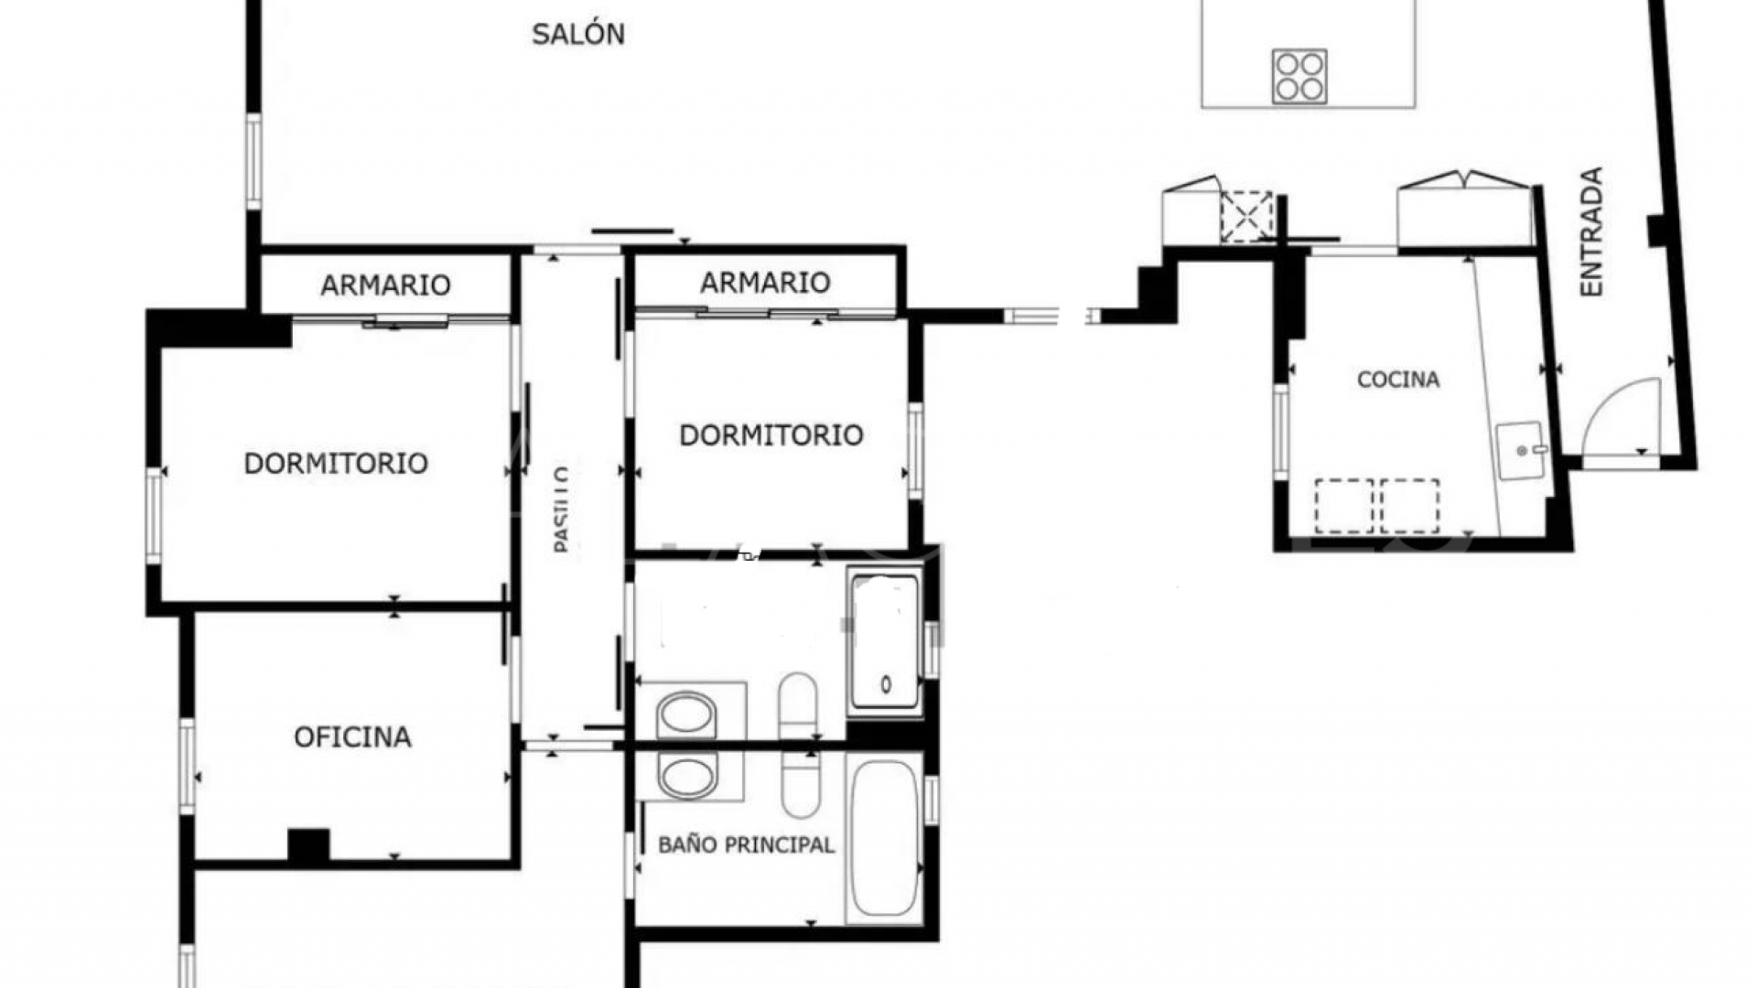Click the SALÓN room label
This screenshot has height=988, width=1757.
coord(577,35)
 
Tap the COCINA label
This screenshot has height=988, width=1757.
coord(1397,380)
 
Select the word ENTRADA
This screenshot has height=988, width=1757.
coord(1592,231)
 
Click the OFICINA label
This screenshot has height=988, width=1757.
coord(352,737)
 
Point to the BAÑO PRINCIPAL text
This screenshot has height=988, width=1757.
coord(746,844)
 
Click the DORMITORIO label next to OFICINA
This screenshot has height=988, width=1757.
coord(336,464)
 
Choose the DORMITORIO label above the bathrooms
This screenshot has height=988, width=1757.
coord(771,435)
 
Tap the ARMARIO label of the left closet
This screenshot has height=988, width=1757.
coord(385,285)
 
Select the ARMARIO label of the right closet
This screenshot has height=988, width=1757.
coord(765,283)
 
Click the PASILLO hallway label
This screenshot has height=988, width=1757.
coord(562,509)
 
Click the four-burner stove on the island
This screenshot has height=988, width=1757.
coord(1299,76)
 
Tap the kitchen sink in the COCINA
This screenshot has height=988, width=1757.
coord(1521,450)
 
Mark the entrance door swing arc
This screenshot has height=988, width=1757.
coord(1622,416)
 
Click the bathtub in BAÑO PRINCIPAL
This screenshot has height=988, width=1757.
coord(882,840)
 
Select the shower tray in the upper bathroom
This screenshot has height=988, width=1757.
coord(885,640)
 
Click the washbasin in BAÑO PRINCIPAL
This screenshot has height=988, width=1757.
coord(686,778)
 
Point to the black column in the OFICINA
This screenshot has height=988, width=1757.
coord(308,844)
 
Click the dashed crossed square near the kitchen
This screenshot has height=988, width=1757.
coord(1246,217)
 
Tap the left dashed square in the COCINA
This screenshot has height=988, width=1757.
coord(1343,506)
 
